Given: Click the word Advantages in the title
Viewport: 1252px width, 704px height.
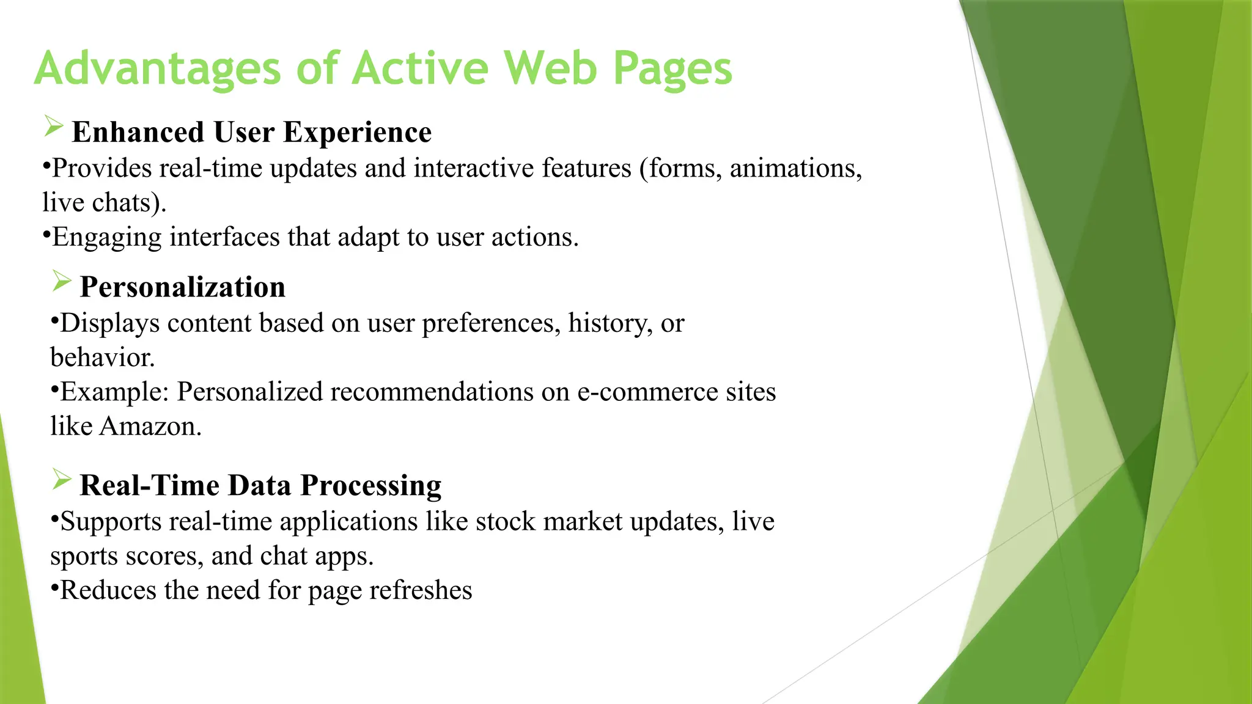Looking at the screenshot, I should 157,69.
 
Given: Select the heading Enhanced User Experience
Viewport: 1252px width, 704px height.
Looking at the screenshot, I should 251,133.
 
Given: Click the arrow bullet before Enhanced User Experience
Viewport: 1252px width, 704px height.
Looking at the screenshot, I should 54,127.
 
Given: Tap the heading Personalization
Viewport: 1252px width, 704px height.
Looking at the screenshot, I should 182,287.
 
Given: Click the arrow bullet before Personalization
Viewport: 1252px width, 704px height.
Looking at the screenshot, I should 62,281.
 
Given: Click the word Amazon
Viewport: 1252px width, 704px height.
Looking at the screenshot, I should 150,427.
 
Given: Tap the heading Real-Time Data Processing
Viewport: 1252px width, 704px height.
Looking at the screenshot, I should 260,486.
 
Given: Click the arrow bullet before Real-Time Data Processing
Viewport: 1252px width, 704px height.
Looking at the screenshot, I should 62,479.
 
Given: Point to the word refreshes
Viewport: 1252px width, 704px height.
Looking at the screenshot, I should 421,591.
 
